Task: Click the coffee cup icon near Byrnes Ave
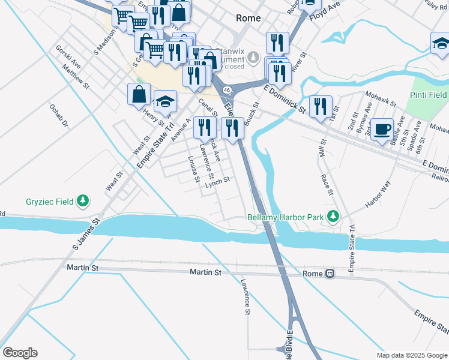(382, 129)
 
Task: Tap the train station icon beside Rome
(330, 274)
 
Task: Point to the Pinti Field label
(428, 95)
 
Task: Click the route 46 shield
(226, 89)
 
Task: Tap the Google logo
(19, 353)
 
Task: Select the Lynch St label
(217, 182)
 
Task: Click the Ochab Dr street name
(59, 117)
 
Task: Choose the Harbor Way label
(378, 194)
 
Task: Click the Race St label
(327, 185)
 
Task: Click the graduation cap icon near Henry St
(165, 103)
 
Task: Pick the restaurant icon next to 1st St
(321, 107)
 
